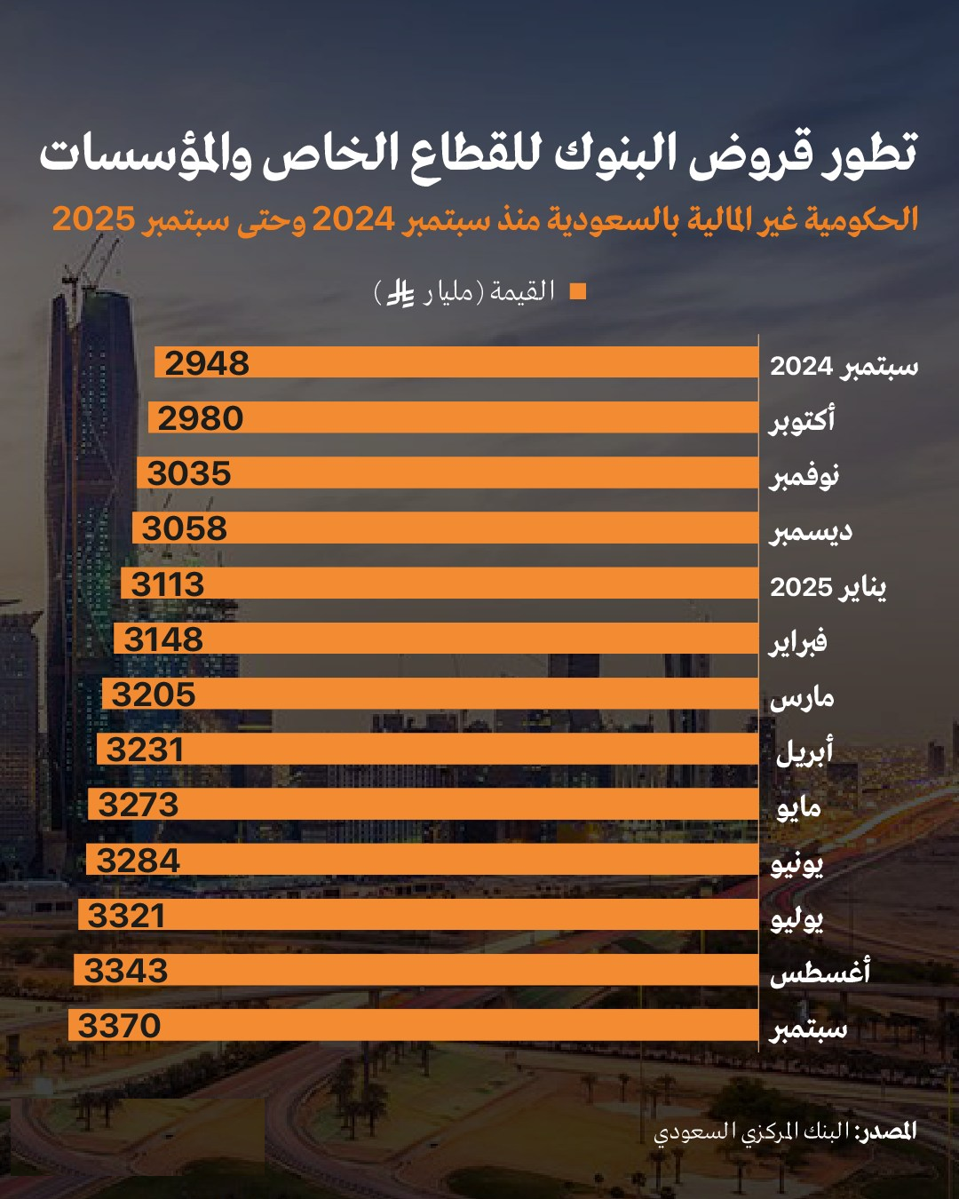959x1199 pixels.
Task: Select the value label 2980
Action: (x=201, y=418)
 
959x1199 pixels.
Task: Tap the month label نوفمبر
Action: (x=804, y=477)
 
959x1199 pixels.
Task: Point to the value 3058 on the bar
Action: (x=185, y=528)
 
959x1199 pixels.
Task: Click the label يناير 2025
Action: (x=828, y=587)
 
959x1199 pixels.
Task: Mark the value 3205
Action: (x=154, y=695)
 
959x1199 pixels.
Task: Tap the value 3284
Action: (x=139, y=861)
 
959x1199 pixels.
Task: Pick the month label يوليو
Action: (x=797, y=919)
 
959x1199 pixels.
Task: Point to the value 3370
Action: (x=120, y=1026)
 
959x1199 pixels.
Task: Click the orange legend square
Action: (x=578, y=291)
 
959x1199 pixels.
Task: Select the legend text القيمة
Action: (x=524, y=291)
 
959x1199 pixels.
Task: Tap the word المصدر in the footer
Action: (x=886, y=1131)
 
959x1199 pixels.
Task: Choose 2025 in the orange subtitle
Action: (x=93, y=218)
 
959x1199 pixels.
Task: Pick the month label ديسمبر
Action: (x=810, y=532)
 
